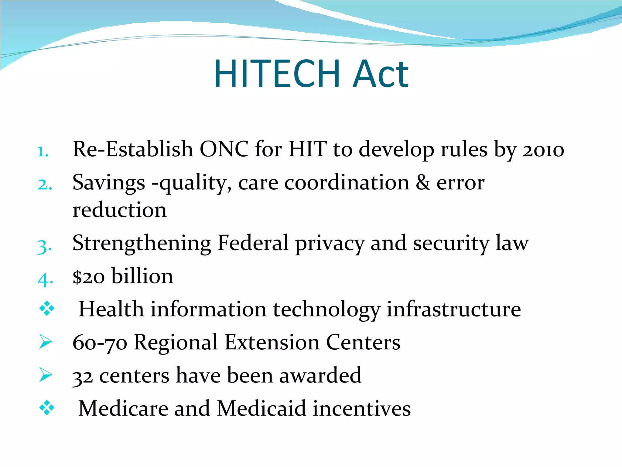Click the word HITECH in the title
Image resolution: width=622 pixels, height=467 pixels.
point(277,74)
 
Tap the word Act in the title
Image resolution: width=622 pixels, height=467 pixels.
point(381,74)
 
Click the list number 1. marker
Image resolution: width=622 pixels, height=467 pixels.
point(43,151)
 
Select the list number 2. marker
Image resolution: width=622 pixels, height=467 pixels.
point(45,184)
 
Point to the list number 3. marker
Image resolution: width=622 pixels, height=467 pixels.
point(44,246)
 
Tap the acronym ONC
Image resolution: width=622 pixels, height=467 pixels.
point(224,149)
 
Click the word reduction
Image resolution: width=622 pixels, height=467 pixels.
point(120,210)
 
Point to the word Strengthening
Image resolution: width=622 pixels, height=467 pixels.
point(142,243)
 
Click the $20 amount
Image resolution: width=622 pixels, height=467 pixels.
point(89,277)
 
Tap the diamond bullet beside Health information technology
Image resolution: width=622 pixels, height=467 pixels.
point(47,309)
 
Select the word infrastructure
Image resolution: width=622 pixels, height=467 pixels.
point(454,310)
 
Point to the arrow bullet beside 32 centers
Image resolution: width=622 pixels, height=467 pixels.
point(46,374)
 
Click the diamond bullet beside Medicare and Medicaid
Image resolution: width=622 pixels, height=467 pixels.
point(47,408)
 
